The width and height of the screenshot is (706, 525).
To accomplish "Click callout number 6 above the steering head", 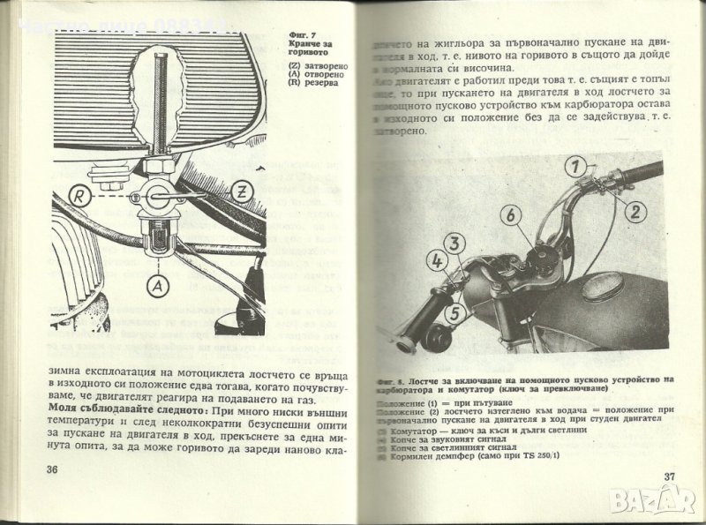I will [509, 214].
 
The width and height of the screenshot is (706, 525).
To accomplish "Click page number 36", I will [52, 469].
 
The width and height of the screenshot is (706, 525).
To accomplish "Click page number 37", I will [668, 477].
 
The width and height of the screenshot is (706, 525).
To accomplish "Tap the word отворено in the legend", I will [320, 75].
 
